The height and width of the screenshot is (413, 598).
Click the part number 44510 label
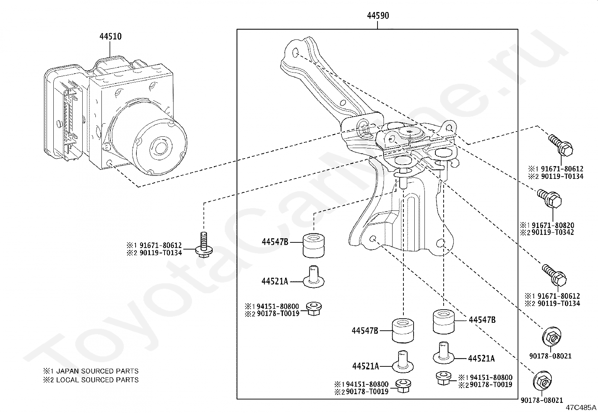[x=110, y=36]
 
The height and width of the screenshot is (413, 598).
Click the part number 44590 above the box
[x=378, y=15]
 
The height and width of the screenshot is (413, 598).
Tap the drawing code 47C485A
[x=581, y=408]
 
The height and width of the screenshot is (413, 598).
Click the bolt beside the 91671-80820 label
[x=549, y=199]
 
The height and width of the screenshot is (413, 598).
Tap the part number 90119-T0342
[x=553, y=232]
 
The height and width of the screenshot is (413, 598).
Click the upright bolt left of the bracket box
[x=204, y=245]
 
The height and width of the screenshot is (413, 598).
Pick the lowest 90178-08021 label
[x=542, y=400]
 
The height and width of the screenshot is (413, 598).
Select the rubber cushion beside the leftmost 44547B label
[x=314, y=246]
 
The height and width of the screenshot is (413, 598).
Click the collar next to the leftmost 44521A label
[x=314, y=277]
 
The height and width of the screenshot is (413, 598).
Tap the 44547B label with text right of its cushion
[x=482, y=320]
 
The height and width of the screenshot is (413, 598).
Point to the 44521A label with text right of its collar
[x=481, y=359]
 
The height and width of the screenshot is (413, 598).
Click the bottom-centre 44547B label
[x=365, y=331]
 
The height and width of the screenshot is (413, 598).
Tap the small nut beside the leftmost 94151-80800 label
[x=314, y=309]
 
